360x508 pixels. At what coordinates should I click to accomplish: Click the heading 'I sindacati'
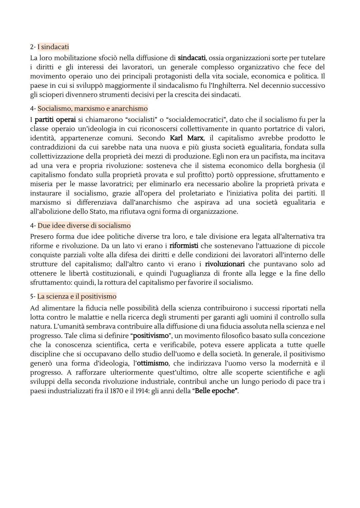[53, 47]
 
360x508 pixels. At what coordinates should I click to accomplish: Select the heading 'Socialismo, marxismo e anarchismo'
[92, 109]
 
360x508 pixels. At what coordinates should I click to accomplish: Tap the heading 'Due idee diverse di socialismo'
[84, 226]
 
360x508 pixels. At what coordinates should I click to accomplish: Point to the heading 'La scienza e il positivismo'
[77, 296]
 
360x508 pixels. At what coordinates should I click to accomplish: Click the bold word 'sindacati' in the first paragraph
[192, 58]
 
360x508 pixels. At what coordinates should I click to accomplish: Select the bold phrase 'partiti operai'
[55, 120]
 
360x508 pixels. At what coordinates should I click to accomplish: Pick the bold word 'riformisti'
[184, 246]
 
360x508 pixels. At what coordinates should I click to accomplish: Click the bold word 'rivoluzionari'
[225, 264]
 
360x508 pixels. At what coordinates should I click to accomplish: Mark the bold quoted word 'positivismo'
[150, 336]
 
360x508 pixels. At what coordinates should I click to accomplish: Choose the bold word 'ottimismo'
[153, 363]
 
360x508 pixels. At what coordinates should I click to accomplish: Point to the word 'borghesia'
[299, 166]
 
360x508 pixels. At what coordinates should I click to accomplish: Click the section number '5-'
[33, 296]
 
